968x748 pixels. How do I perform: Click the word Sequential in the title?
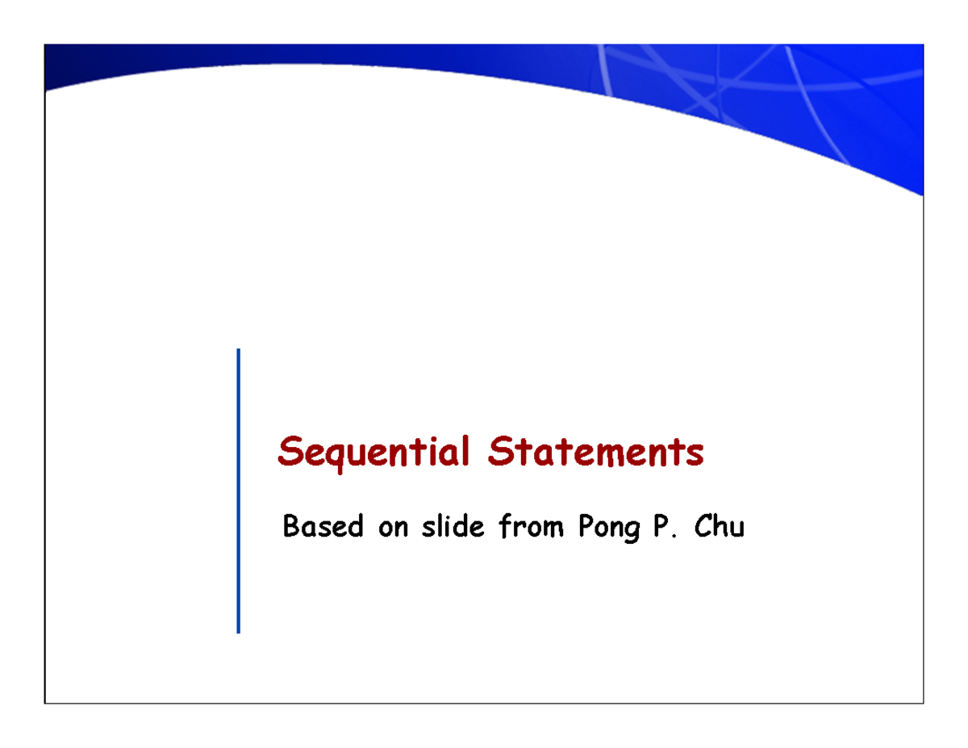coord(373,453)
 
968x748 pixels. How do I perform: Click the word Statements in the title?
coord(595,453)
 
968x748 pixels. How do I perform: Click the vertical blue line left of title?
coord(239,491)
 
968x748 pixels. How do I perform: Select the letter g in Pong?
coord(630,533)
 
